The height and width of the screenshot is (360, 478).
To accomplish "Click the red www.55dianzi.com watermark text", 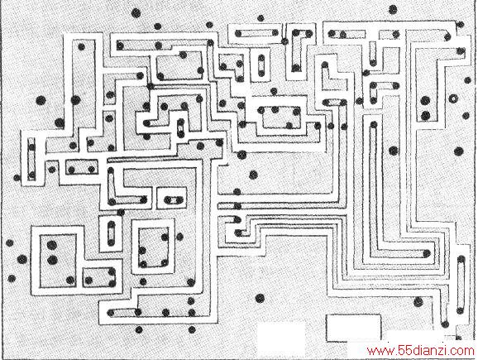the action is [x=421, y=351].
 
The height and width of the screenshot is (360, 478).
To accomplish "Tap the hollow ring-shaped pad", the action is [x=453, y=98].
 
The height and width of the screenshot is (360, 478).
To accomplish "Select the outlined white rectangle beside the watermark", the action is [x=353, y=328].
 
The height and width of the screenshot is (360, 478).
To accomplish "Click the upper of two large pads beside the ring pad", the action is [x=425, y=100].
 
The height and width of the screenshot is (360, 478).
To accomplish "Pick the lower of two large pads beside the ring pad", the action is [x=426, y=116].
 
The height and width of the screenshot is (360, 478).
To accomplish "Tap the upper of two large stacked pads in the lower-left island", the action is [x=52, y=245].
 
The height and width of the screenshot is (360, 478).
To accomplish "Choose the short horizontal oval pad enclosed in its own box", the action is [x=173, y=200].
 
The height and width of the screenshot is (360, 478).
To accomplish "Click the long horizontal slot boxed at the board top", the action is [x=256, y=33].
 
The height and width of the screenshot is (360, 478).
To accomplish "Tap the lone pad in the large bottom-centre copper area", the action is [x=260, y=298].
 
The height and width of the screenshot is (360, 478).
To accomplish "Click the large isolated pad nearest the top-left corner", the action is [x=136, y=13].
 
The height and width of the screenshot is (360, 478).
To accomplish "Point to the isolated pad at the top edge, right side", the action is [x=393, y=9].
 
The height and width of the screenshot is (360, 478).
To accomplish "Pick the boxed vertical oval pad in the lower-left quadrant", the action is [x=111, y=233].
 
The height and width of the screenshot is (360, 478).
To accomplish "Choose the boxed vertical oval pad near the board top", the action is [x=261, y=65].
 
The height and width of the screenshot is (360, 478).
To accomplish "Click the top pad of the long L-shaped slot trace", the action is [x=374, y=124].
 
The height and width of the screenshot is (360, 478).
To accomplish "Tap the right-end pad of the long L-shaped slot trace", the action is [x=427, y=253].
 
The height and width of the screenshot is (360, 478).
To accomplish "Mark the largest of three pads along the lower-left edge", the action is [x=22, y=259].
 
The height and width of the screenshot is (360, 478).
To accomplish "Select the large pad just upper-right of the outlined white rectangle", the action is [x=418, y=302].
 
